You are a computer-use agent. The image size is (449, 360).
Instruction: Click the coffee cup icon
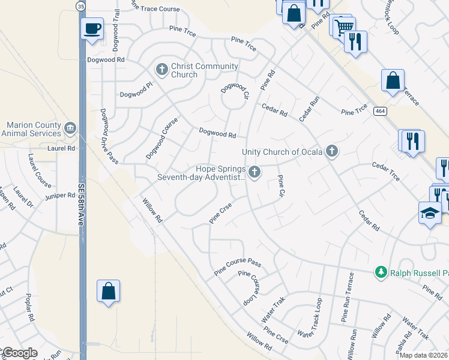92,29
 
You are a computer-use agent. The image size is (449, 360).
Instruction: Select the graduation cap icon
430,213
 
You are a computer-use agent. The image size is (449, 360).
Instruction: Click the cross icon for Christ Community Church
161,70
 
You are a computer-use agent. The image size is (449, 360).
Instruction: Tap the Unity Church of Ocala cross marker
331,151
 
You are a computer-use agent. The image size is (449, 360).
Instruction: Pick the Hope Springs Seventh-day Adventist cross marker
255,173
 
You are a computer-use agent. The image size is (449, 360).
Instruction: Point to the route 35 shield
80,5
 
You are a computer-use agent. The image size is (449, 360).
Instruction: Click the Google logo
20,353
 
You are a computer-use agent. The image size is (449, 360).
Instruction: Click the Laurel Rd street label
61,148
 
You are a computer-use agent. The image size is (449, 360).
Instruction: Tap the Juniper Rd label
59,196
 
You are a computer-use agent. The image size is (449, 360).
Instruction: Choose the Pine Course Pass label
238,268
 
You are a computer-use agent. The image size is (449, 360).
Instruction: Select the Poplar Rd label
29,308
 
